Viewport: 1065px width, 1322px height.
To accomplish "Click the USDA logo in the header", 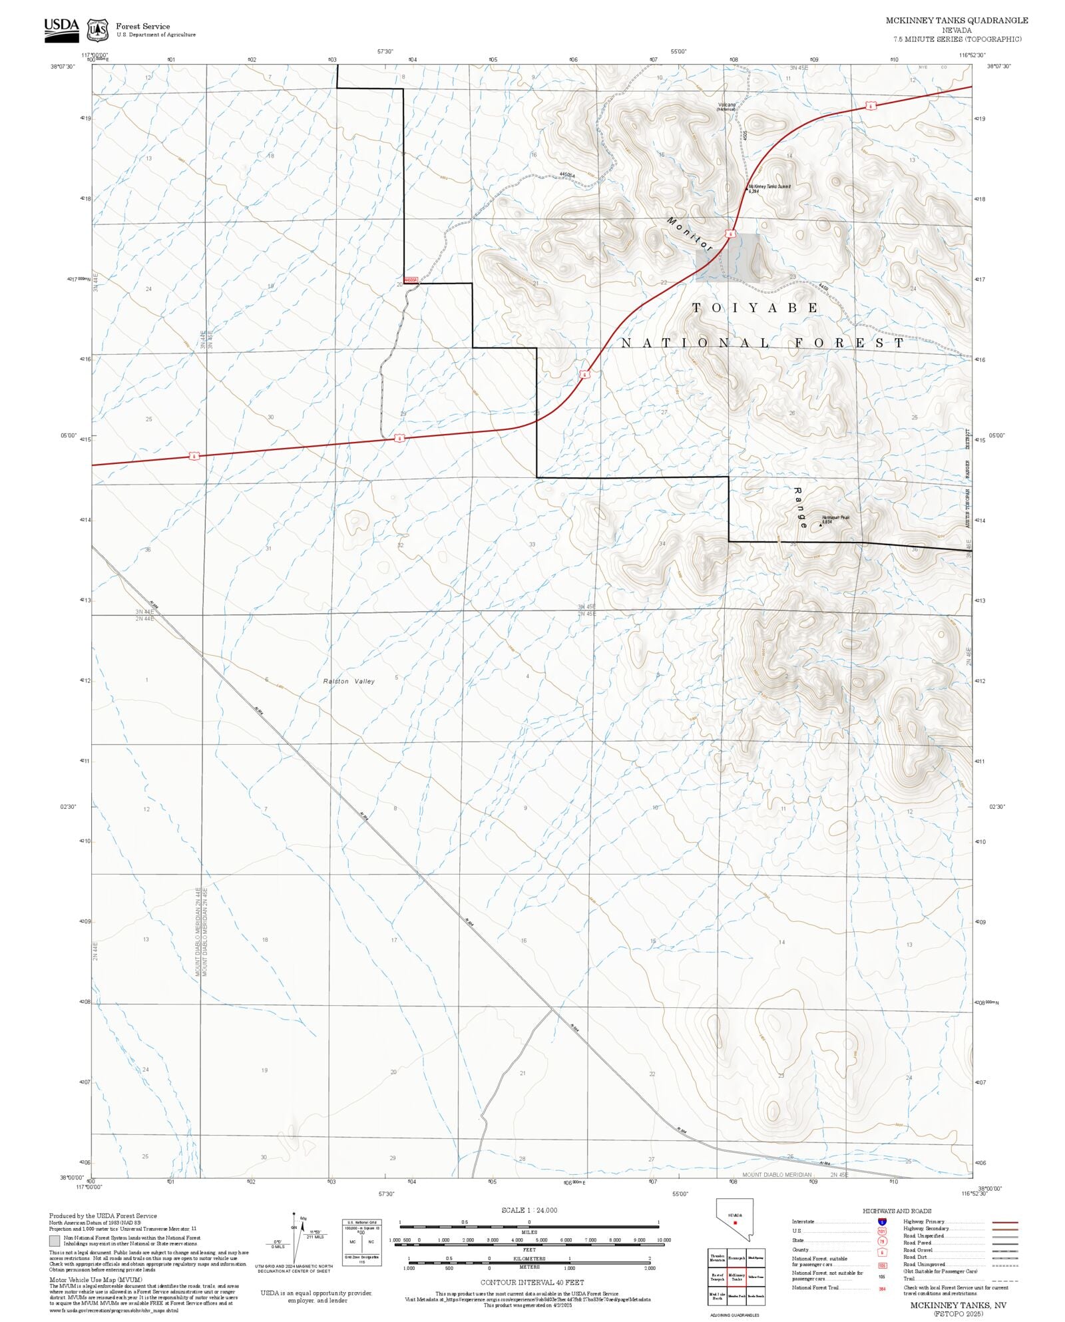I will [x=61, y=30].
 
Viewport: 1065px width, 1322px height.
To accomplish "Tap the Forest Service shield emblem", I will [x=98, y=30].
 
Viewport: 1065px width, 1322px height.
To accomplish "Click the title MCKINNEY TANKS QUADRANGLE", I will [x=956, y=21].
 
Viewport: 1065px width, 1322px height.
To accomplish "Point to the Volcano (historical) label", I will [x=726, y=107].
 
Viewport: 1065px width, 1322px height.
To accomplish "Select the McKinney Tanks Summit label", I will [x=769, y=188].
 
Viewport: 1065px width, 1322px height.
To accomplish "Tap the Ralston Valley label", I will [x=349, y=681].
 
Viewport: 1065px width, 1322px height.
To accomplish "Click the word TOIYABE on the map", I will [x=755, y=308].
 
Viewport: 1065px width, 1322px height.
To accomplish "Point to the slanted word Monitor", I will [x=690, y=234].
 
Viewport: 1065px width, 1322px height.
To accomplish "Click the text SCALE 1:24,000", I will [x=529, y=1210].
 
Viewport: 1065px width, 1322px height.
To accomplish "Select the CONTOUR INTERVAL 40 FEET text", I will [x=532, y=1282].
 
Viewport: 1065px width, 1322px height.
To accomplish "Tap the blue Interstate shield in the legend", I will [x=882, y=1222].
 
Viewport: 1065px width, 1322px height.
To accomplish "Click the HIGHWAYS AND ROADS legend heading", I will [x=897, y=1211].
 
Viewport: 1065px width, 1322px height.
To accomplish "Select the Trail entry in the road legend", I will [x=909, y=1279].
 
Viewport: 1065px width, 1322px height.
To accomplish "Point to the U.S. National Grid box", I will [x=361, y=1243].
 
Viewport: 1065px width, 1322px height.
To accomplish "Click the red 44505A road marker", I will [x=411, y=280].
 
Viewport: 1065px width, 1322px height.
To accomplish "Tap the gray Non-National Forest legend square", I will [x=55, y=1241].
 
